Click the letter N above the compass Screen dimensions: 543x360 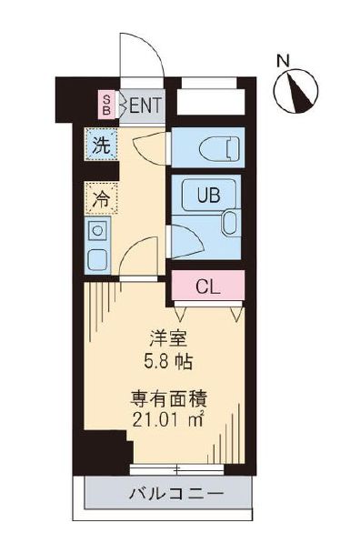pos(284,62)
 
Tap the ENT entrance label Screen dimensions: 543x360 pos(145,105)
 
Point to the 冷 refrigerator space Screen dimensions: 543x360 pos(100,198)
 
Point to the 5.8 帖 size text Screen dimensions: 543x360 pos(169,359)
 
